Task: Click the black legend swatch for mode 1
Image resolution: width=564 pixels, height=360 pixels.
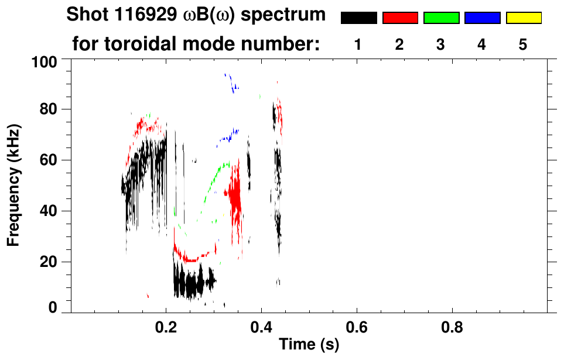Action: point(358,18)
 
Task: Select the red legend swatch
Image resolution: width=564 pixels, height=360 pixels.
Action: point(400,18)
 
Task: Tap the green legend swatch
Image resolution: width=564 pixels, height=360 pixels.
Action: point(441,18)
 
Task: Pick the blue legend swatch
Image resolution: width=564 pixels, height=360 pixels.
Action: point(482,18)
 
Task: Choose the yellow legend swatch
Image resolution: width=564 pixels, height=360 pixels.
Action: point(523,18)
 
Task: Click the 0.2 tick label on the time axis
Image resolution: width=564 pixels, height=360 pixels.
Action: point(166,328)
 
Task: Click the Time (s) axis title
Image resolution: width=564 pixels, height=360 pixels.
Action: point(309,345)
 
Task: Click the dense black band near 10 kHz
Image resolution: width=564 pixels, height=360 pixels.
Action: point(190,283)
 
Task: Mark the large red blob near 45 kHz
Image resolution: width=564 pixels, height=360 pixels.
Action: point(235,199)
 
